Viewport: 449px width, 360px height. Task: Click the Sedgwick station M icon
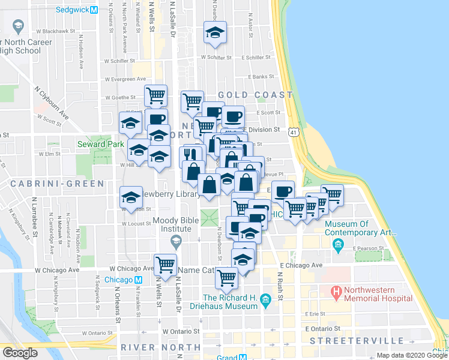(x=94, y=10)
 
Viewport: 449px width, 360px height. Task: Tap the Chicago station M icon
(x=138, y=280)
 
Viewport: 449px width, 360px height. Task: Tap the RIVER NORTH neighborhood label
(x=160, y=347)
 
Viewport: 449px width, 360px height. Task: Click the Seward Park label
(x=100, y=144)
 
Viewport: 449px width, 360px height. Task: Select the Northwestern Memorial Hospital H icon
(x=337, y=293)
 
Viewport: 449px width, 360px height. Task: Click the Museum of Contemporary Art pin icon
(x=338, y=245)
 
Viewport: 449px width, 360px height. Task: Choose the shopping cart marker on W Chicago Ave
(x=165, y=265)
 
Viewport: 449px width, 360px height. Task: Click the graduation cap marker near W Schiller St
(x=214, y=33)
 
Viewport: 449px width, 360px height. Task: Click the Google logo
(x=20, y=353)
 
